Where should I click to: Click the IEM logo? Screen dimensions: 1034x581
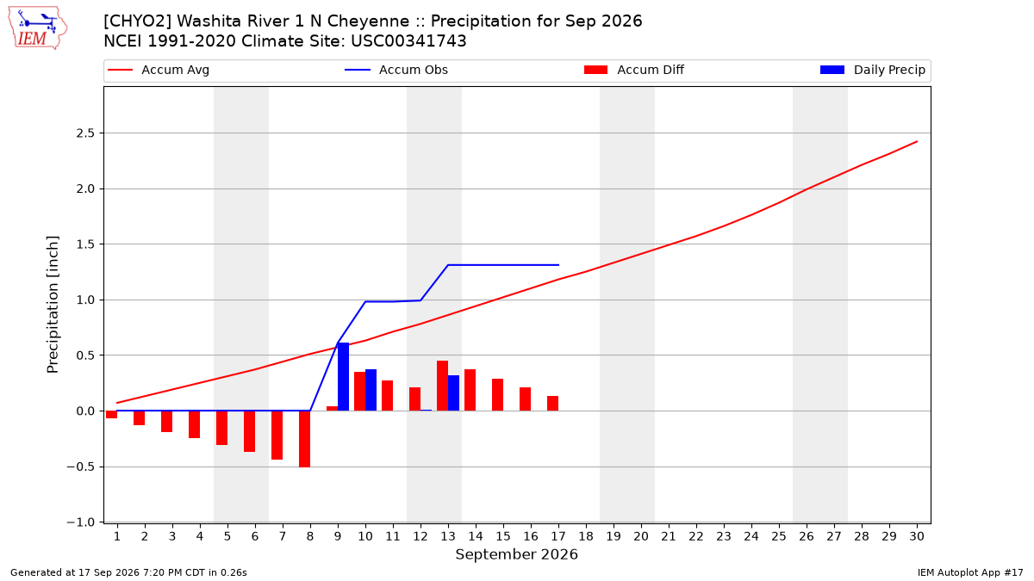tap(38, 28)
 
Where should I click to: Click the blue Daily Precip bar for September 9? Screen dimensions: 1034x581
tap(344, 377)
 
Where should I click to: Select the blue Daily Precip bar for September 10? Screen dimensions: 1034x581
tap(371, 390)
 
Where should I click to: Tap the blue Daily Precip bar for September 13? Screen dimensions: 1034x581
tap(454, 392)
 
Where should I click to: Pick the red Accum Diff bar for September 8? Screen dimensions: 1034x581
tap(305, 439)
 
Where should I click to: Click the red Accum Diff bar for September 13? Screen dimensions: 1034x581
tap(443, 386)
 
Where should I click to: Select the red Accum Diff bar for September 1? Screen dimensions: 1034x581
tap(112, 415)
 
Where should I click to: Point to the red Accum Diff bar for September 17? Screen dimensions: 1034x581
tap(553, 404)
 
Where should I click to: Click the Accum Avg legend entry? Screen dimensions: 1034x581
tap(159, 70)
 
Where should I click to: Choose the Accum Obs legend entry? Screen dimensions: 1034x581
tap(396, 70)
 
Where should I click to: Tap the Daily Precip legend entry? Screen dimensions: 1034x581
tap(872, 70)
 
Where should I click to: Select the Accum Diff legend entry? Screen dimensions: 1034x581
tap(634, 70)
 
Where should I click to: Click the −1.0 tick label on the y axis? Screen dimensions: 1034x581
tap(81, 522)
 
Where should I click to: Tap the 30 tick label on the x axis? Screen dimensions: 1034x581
tap(917, 536)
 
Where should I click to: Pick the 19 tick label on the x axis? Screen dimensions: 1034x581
tap(614, 536)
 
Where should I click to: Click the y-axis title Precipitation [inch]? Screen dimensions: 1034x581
tap(53, 305)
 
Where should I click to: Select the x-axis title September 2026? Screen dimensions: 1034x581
tap(516, 554)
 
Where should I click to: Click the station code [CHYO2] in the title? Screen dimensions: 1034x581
tap(138, 22)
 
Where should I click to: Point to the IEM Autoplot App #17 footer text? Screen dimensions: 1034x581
tap(970, 572)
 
